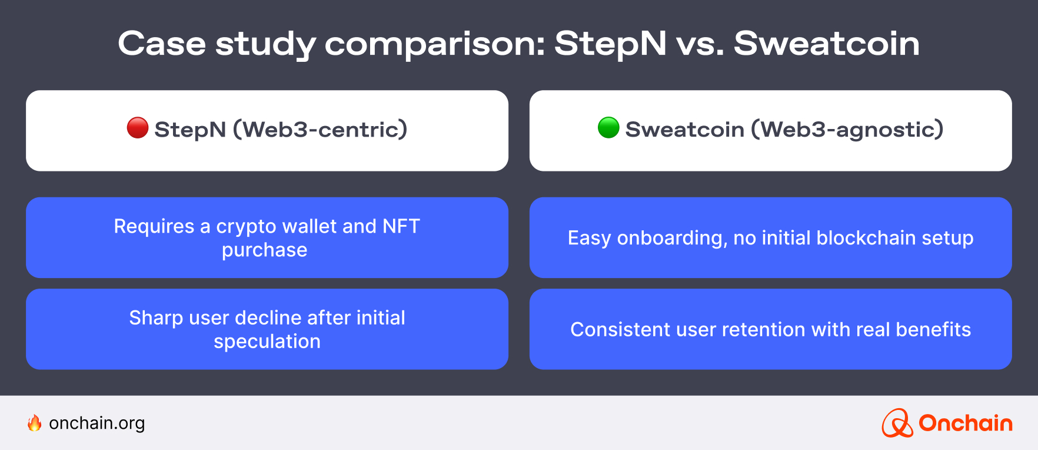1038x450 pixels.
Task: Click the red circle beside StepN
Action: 138,128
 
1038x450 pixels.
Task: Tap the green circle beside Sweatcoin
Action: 608,128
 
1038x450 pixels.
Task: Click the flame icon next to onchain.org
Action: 35,423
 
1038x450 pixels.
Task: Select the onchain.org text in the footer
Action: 97,423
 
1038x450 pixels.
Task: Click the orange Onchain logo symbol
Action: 897,423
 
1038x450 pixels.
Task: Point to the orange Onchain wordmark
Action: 966,423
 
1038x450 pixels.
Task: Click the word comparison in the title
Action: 435,45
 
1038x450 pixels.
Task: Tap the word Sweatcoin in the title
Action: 827,44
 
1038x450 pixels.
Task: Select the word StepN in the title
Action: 611,45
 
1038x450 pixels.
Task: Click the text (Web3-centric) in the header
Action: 321,129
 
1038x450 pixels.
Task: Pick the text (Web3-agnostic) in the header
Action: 847,129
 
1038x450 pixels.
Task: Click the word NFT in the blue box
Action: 401,226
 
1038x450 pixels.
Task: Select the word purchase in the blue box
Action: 265,251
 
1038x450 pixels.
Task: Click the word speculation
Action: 267,342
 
